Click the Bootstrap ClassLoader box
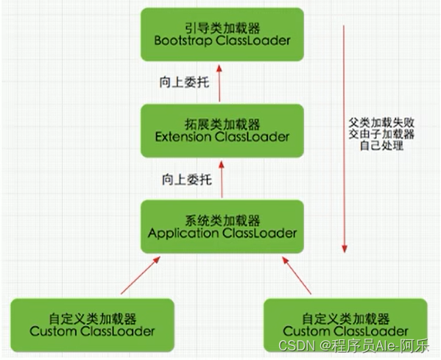click(222, 34)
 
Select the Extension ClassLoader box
click(222, 130)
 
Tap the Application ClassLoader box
click(222, 226)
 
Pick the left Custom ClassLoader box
click(93, 323)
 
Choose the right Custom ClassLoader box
click(346, 323)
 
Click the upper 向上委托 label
click(185, 82)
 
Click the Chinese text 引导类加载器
click(222, 26)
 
